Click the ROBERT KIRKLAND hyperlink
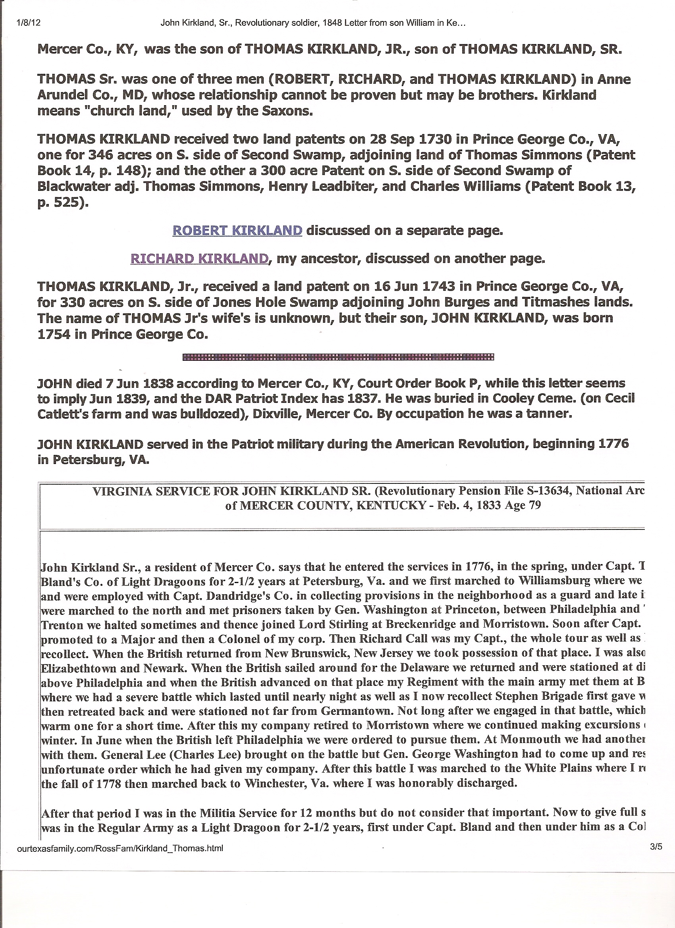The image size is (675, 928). tap(237, 231)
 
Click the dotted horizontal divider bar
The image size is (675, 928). tap(338, 357)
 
